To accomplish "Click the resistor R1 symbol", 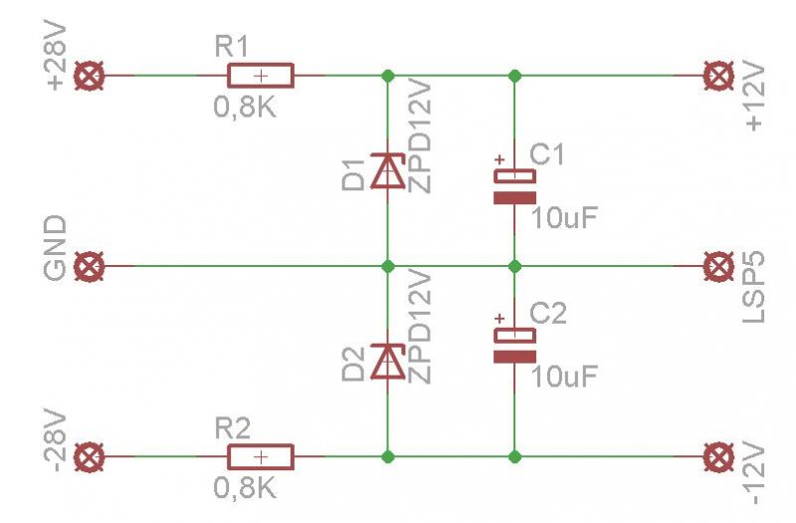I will (x=261, y=76).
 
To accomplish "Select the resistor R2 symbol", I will (x=261, y=457).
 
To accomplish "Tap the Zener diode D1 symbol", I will (x=387, y=171).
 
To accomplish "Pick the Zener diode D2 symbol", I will (x=387, y=362).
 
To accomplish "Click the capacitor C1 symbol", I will (x=514, y=185).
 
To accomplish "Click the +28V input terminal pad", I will (x=92, y=76).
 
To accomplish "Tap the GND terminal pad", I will (x=92, y=266).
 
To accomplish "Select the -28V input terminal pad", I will (x=92, y=457).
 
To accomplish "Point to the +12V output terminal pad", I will (x=716, y=76).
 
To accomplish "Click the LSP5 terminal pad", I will (x=716, y=266).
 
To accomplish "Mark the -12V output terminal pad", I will (x=716, y=457).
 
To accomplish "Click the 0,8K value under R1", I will (x=245, y=107).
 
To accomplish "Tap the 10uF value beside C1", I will (x=565, y=218).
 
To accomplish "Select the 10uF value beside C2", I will (x=565, y=377).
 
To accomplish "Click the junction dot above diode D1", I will (x=387, y=76).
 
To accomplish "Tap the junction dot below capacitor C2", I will (x=514, y=457).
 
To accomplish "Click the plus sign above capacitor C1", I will (x=499, y=158).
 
